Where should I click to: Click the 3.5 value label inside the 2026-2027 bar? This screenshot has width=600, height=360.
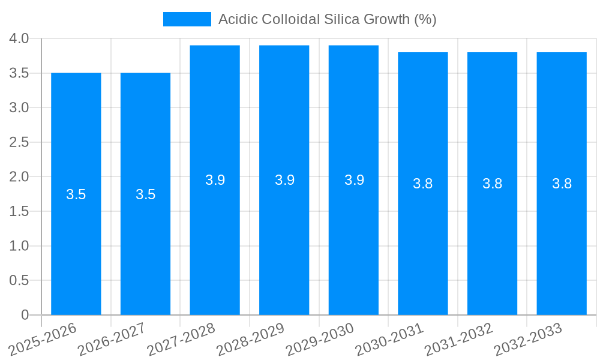[145, 194]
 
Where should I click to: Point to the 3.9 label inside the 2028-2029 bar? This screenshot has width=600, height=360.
[284, 180]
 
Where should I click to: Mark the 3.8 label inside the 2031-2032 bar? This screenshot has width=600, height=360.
[492, 184]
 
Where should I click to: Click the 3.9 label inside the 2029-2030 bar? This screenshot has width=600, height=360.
[354, 180]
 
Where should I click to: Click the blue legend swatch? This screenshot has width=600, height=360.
[187, 19]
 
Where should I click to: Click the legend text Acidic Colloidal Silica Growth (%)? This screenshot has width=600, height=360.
[327, 19]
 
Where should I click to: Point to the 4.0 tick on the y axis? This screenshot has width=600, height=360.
[19, 39]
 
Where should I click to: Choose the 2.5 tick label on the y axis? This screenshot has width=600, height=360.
[19, 142]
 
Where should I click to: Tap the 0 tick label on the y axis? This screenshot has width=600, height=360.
[25, 315]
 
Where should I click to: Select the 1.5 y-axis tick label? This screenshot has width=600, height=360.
[19, 211]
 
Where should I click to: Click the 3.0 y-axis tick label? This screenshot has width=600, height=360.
[19, 108]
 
